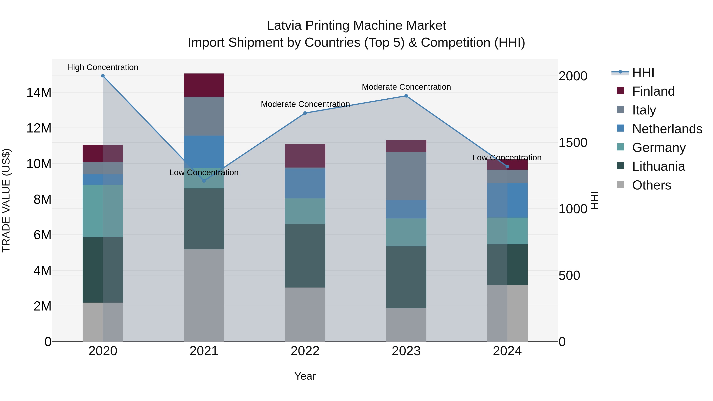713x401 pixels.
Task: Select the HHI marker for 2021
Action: tap(204, 181)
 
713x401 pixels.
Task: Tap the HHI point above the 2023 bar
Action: tap(406, 96)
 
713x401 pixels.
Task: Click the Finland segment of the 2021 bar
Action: tap(204, 85)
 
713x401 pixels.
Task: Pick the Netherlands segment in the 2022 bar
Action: tap(305, 183)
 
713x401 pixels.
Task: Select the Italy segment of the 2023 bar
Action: tap(406, 176)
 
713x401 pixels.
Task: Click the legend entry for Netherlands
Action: tap(667, 129)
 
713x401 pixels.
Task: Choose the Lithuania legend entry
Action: tap(658, 166)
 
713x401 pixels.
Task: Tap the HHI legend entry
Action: tap(643, 72)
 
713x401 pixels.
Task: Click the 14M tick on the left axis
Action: tap(39, 92)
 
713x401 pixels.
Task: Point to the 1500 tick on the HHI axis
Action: tap(573, 143)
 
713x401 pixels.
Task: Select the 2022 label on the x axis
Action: tap(305, 351)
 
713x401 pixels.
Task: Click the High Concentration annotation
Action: tap(103, 67)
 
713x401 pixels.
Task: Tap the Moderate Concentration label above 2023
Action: tap(406, 87)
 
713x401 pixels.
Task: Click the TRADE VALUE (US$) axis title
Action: tap(6, 200)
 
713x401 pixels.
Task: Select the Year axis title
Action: tap(305, 376)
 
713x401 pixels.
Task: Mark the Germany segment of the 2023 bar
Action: tap(406, 232)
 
